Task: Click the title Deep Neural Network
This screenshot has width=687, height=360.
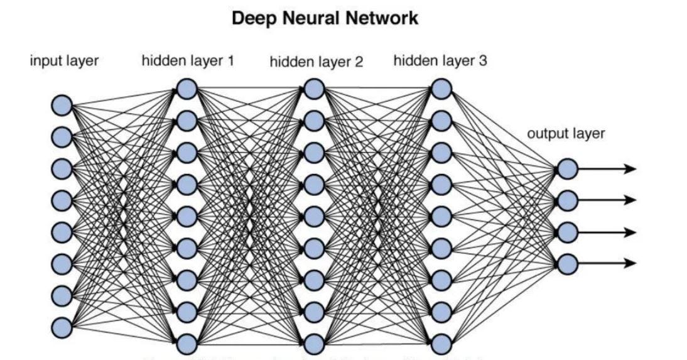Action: point(325,18)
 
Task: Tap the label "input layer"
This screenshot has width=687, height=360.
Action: point(64,61)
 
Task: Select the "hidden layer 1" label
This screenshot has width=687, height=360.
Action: point(187,61)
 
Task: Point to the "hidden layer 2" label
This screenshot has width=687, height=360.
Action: point(316,62)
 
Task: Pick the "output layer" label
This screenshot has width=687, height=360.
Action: point(566,133)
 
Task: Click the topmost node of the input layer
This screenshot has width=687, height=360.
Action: point(62,105)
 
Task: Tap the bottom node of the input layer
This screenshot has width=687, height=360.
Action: point(62,327)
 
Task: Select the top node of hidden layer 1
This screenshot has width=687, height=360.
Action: point(187,89)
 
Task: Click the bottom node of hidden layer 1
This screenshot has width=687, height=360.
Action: point(187,344)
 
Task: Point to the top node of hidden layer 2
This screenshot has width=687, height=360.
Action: point(313,89)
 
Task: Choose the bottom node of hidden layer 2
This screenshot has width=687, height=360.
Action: point(313,344)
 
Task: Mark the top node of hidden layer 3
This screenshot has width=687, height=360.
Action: point(441,89)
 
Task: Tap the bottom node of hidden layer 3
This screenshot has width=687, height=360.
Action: point(441,344)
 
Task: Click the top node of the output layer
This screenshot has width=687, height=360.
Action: point(567,168)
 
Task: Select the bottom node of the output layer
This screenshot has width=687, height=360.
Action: point(567,263)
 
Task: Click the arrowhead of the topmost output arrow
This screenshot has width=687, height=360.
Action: point(631,168)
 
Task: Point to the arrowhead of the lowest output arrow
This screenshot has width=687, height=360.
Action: point(631,263)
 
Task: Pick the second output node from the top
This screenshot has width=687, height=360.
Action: point(567,200)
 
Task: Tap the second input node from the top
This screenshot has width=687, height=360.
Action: point(62,136)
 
